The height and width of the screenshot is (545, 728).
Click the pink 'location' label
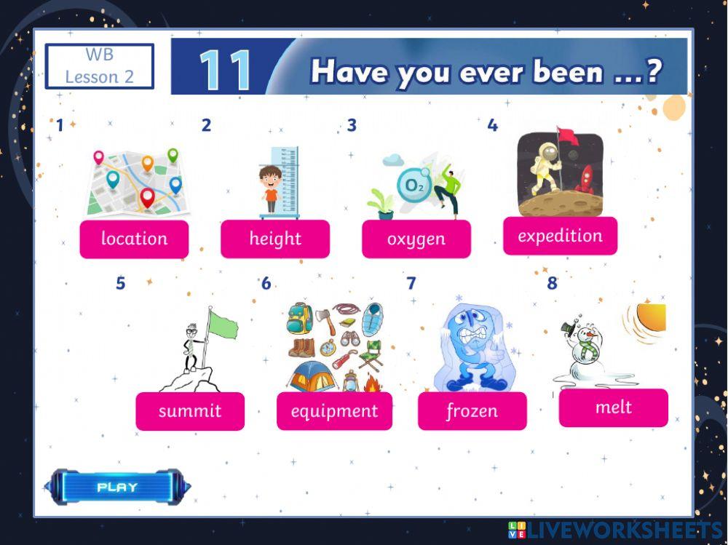(x=134, y=239)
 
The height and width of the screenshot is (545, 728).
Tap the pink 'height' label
(x=275, y=239)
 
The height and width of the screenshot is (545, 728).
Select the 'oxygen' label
(x=416, y=239)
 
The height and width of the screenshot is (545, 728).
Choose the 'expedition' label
(x=560, y=236)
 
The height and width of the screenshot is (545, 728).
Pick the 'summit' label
(x=190, y=411)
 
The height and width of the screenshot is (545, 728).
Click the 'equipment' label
(x=334, y=411)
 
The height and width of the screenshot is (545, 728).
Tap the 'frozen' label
(x=472, y=411)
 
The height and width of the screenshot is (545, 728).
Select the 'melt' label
(x=613, y=407)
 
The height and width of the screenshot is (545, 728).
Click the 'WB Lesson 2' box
(x=100, y=66)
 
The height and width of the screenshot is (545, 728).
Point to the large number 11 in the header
(x=225, y=71)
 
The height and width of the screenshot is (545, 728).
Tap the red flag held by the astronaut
(x=565, y=135)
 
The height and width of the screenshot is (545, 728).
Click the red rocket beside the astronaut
(x=585, y=180)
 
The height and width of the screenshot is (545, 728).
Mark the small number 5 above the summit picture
(x=121, y=284)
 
